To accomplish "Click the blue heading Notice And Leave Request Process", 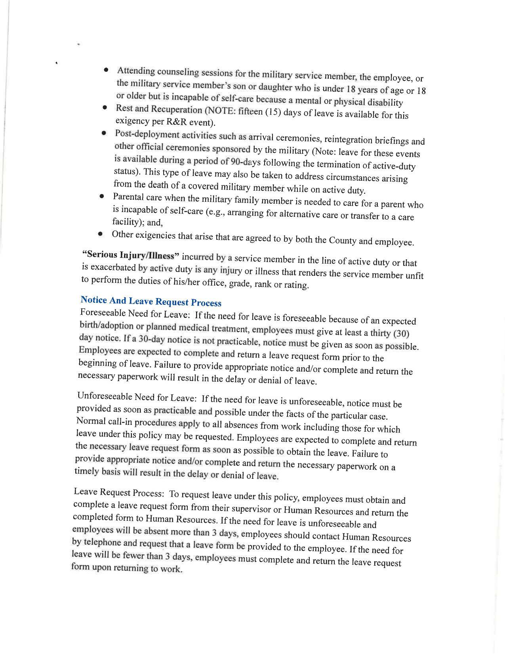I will [151, 301].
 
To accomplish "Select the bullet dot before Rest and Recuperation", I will [105, 107].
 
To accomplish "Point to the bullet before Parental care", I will [102, 196].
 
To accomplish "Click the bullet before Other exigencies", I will [101, 234].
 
